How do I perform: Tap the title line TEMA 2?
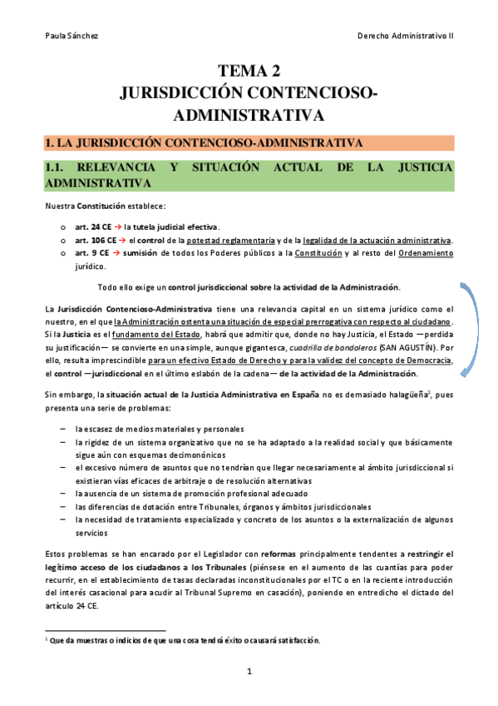click(249, 72)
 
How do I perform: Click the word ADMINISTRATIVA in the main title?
click(249, 112)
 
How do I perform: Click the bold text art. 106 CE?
click(93, 241)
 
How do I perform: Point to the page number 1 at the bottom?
click(249, 669)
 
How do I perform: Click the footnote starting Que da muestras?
click(183, 640)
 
